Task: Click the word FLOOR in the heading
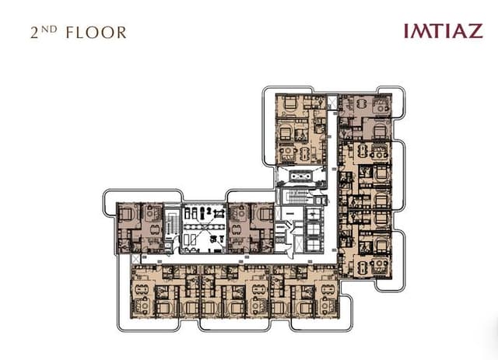96,33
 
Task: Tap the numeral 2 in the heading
34,33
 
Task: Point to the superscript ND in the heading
49,30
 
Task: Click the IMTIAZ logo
444,31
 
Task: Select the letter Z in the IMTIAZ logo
475,31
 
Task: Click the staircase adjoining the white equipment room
171,225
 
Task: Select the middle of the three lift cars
314,229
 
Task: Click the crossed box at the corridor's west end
135,259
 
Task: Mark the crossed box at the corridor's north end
332,102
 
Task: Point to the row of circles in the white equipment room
204,227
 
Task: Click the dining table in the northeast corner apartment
362,104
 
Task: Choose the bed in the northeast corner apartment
380,131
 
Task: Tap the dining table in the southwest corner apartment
141,290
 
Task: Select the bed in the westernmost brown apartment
126,213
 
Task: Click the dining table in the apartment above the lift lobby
304,154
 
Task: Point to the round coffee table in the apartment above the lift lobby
288,150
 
